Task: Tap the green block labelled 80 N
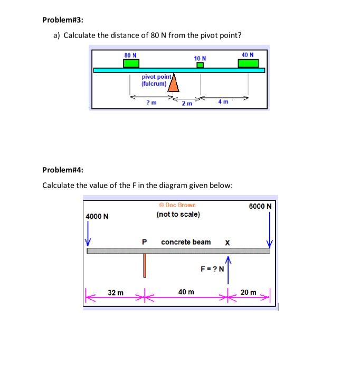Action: (x=131, y=63)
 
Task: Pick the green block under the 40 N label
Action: (x=248, y=63)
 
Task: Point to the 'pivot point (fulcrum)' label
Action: (x=154, y=80)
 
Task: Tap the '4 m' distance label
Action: (x=223, y=101)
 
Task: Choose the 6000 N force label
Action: (x=260, y=206)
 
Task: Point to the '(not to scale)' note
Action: (x=178, y=214)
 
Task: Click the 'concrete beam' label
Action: (x=186, y=242)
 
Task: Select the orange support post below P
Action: (x=144, y=265)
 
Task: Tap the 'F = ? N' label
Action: (x=212, y=268)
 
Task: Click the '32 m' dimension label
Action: (x=116, y=292)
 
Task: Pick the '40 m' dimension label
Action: (x=186, y=292)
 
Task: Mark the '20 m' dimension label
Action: (x=248, y=292)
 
